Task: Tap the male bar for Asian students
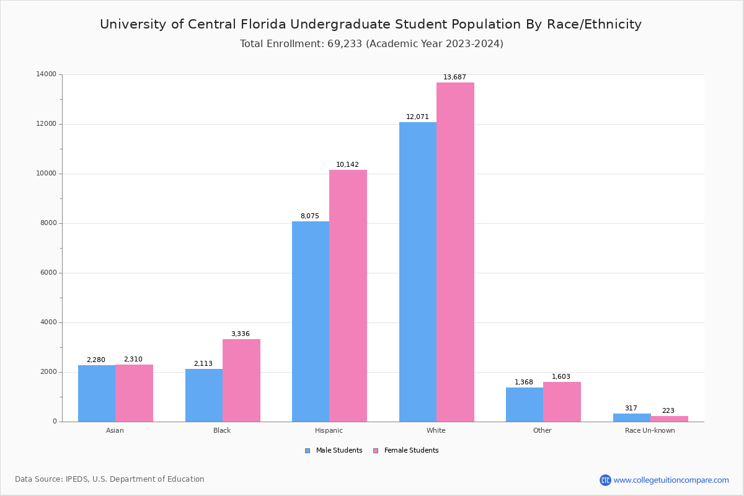click(97, 393)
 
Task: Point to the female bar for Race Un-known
click(669, 418)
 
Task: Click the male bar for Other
click(525, 404)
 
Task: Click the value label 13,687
click(454, 77)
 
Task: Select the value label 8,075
click(310, 216)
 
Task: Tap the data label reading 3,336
click(241, 334)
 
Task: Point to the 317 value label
click(631, 409)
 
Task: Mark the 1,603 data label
click(561, 377)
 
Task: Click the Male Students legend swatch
click(308, 451)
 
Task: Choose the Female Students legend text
click(411, 451)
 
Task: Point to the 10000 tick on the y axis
click(47, 174)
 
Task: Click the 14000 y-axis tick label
click(47, 74)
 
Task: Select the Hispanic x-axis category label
click(329, 430)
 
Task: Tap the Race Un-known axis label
click(650, 430)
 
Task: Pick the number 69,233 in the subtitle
click(342, 44)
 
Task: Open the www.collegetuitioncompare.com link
click(671, 480)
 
